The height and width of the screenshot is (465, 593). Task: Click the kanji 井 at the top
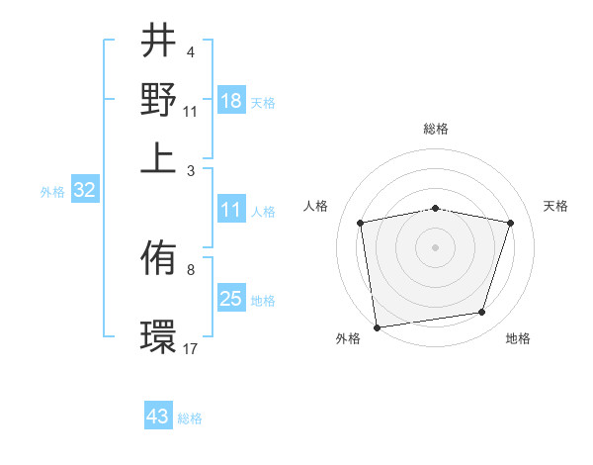tap(158, 42)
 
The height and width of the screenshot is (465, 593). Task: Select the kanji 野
tap(158, 99)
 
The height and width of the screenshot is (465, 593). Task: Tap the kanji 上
tap(158, 156)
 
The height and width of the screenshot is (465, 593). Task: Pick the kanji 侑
tap(158, 259)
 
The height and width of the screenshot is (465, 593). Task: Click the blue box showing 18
tap(231, 101)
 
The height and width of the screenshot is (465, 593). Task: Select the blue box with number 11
tap(231, 210)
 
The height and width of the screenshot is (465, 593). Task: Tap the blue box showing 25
tap(231, 299)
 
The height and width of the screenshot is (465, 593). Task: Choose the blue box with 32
tap(85, 191)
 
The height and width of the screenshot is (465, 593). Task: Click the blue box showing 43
tap(158, 417)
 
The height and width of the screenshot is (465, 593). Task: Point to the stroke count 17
tap(191, 348)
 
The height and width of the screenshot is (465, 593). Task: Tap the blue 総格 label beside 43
tap(191, 418)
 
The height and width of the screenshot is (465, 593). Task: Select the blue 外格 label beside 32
tap(52, 192)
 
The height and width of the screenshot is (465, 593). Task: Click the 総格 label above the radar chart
tap(436, 129)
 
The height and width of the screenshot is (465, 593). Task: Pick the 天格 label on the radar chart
tap(556, 206)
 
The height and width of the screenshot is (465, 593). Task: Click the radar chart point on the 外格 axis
tap(377, 326)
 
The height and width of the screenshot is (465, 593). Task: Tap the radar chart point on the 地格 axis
tap(482, 313)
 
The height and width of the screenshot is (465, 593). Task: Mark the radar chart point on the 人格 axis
tap(361, 223)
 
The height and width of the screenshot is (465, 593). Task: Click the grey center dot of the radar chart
tap(436, 246)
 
